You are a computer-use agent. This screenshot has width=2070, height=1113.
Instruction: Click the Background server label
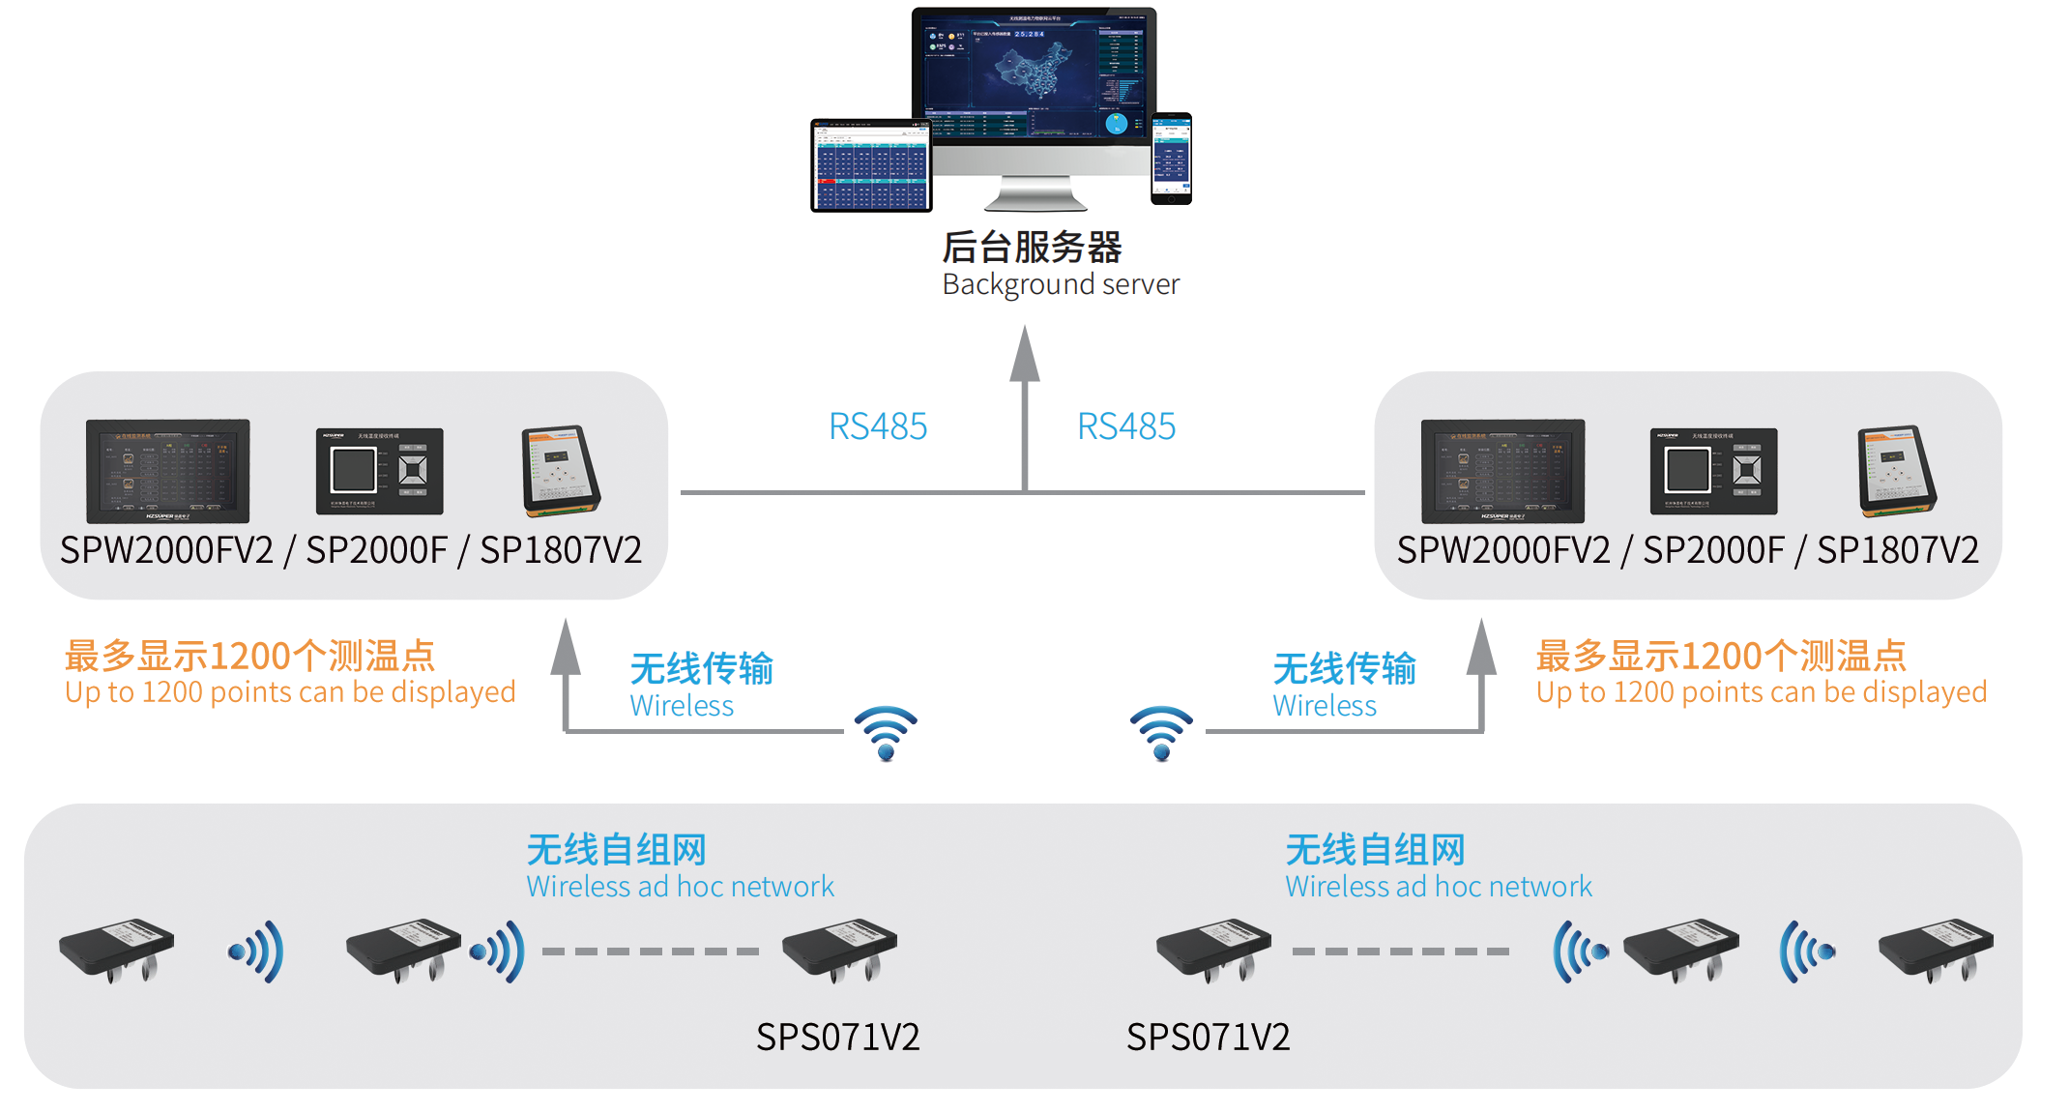[1060, 284]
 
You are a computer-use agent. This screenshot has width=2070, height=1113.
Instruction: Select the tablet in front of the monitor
[871, 165]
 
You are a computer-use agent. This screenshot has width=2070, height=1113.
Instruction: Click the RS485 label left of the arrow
[878, 426]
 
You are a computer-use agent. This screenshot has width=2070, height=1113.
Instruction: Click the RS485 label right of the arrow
[1126, 426]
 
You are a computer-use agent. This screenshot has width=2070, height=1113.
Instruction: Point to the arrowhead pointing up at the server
[1025, 354]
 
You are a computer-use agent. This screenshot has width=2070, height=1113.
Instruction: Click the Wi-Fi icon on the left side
[886, 733]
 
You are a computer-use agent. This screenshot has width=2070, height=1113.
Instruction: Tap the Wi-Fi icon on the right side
[1161, 733]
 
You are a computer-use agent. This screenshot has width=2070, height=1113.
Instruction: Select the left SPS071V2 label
[837, 1037]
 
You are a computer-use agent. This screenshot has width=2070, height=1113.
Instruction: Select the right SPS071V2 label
[1208, 1037]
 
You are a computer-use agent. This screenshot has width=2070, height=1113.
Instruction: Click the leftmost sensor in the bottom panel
[117, 950]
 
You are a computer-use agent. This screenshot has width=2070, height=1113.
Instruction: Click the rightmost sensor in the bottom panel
[1936, 950]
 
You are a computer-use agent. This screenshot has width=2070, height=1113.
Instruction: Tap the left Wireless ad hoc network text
[680, 886]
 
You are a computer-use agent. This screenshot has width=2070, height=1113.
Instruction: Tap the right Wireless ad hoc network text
[1438, 886]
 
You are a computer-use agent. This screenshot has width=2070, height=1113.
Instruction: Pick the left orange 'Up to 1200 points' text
[290, 692]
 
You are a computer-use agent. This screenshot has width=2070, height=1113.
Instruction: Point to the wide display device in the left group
[167, 471]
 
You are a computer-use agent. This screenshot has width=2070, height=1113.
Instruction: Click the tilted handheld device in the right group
[1896, 470]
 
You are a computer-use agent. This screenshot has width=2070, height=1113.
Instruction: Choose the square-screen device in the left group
[379, 471]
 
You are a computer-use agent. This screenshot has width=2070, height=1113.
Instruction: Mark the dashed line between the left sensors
[650, 952]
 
